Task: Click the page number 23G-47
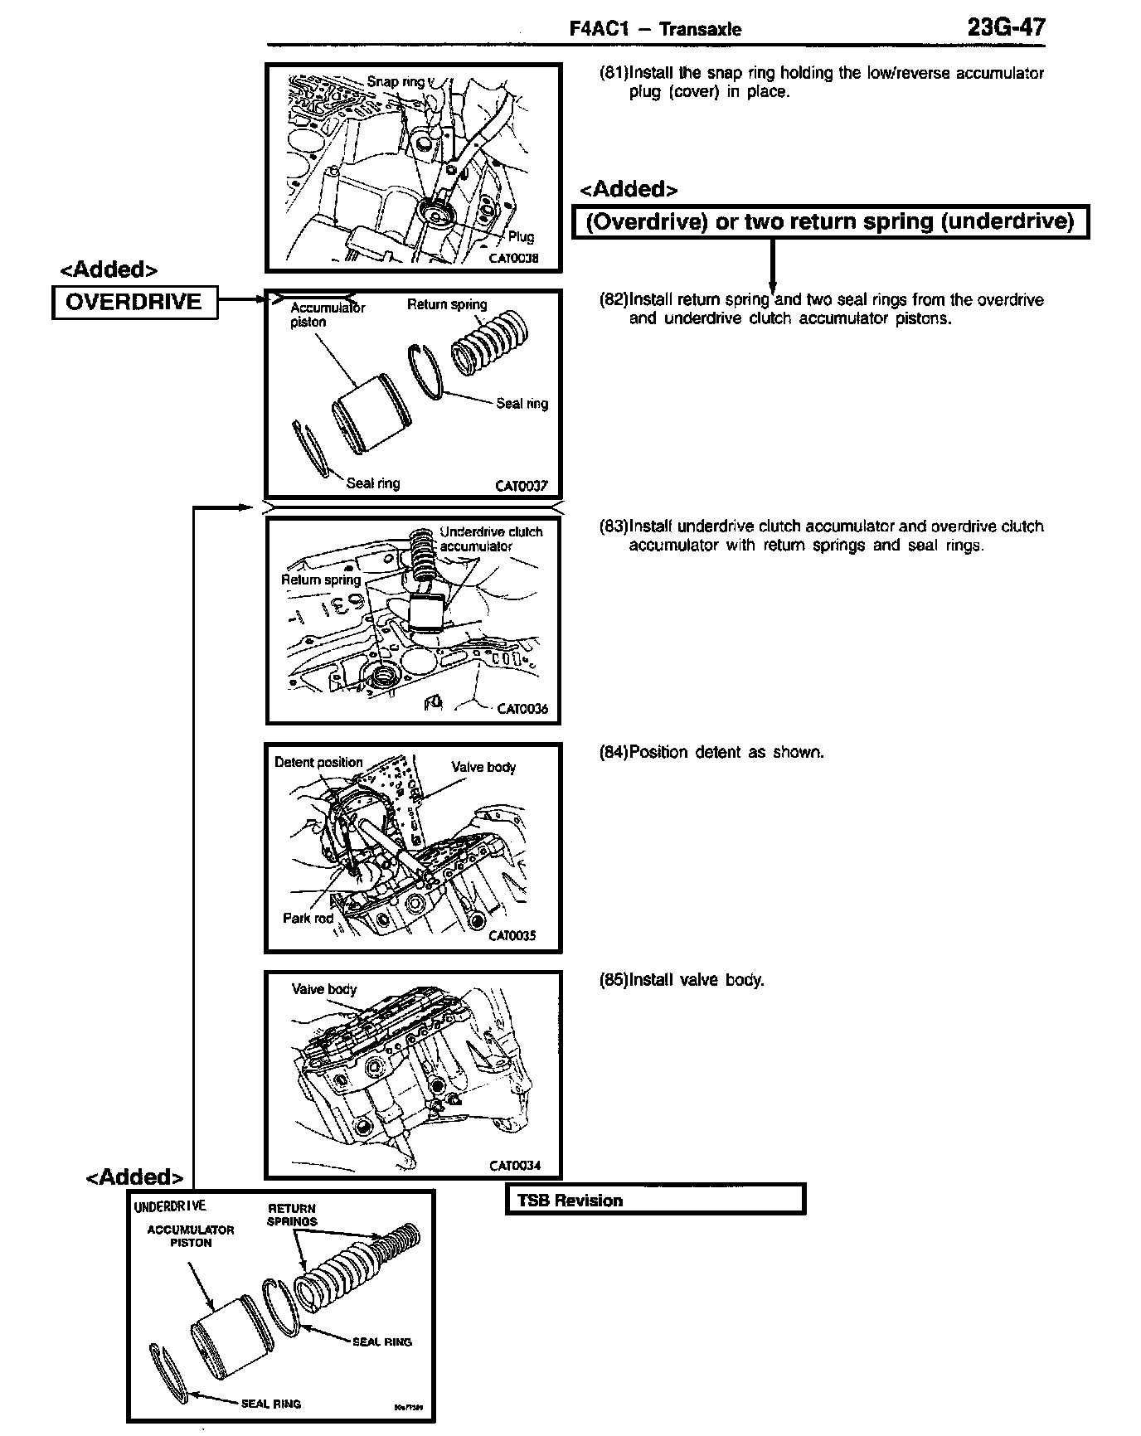[1006, 27]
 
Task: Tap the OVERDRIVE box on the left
[134, 302]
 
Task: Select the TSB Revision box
[655, 1200]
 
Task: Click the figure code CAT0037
[521, 486]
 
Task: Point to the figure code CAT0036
[522, 709]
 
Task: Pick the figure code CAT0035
[512, 935]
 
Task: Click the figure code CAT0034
[514, 1165]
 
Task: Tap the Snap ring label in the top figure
[396, 81]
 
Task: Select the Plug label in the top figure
[521, 237]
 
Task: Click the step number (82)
[614, 299]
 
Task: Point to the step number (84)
[614, 752]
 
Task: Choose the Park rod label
[308, 918]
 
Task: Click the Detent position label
[318, 762]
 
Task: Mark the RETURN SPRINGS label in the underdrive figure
[292, 1215]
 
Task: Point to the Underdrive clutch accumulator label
[491, 539]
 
